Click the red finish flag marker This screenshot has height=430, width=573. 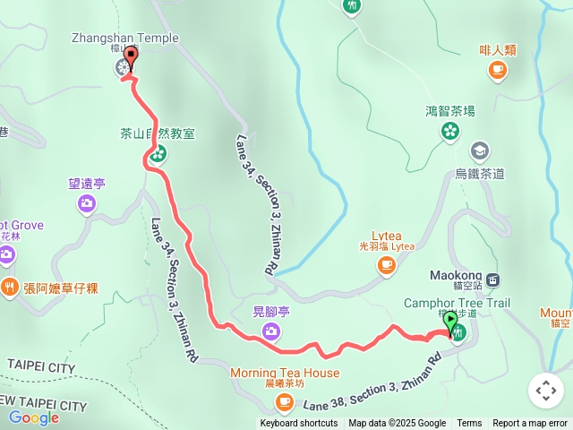pyautogui.click(x=133, y=58)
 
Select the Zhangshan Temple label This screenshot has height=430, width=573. pyautogui.click(x=125, y=39)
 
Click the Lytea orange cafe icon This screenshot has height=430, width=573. pyautogui.click(x=387, y=264)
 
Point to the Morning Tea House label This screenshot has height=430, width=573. pyautogui.click(x=284, y=373)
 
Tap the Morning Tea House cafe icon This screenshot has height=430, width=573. pyautogui.click(x=285, y=402)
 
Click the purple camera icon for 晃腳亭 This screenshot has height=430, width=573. pyautogui.click(x=270, y=333)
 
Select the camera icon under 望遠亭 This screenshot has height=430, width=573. pyautogui.click(x=87, y=204)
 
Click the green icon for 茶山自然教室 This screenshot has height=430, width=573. pyautogui.click(x=158, y=154)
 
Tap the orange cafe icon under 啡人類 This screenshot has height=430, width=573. pyautogui.click(x=498, y=70)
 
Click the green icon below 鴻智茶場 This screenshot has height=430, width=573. pyautogui.click(x=449, y=133)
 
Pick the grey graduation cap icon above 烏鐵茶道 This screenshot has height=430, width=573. pyautogui.click(x=480, y=150)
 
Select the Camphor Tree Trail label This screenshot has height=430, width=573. pyautogui.click(x=457, y=303)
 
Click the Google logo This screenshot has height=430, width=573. pyautogui.click(x=33, y=417)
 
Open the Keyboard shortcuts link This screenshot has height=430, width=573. pyautogui.click(x=298, y=424)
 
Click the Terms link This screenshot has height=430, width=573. pyautogui.click(x=469, y=424)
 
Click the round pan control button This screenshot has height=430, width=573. pyautogui.click(x=545, y=391)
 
